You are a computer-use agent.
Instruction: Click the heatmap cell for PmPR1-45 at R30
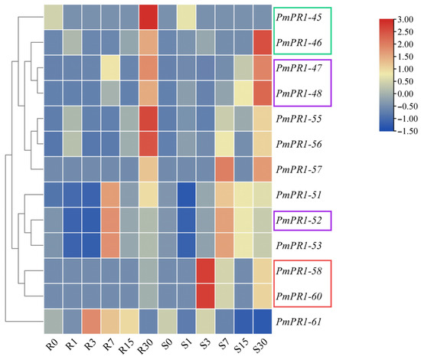148,17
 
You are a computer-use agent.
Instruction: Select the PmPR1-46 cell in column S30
263,42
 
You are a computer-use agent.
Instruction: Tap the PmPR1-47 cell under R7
110,67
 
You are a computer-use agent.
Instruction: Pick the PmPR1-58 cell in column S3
205,270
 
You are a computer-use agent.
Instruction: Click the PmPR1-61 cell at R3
92,321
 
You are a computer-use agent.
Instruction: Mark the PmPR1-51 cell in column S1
186,195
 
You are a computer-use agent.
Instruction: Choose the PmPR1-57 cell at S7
224,169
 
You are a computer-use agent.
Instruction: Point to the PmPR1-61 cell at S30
263,321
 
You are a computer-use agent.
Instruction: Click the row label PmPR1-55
299,119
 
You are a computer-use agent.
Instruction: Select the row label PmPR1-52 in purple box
299,221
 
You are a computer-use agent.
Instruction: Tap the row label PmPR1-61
299,322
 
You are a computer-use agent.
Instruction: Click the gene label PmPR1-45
299,17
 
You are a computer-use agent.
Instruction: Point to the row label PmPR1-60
299,296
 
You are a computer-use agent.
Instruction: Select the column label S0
167,344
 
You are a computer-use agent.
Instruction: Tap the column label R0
52,344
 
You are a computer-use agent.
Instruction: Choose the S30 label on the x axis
260,345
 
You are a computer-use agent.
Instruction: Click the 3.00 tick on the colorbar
406,19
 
